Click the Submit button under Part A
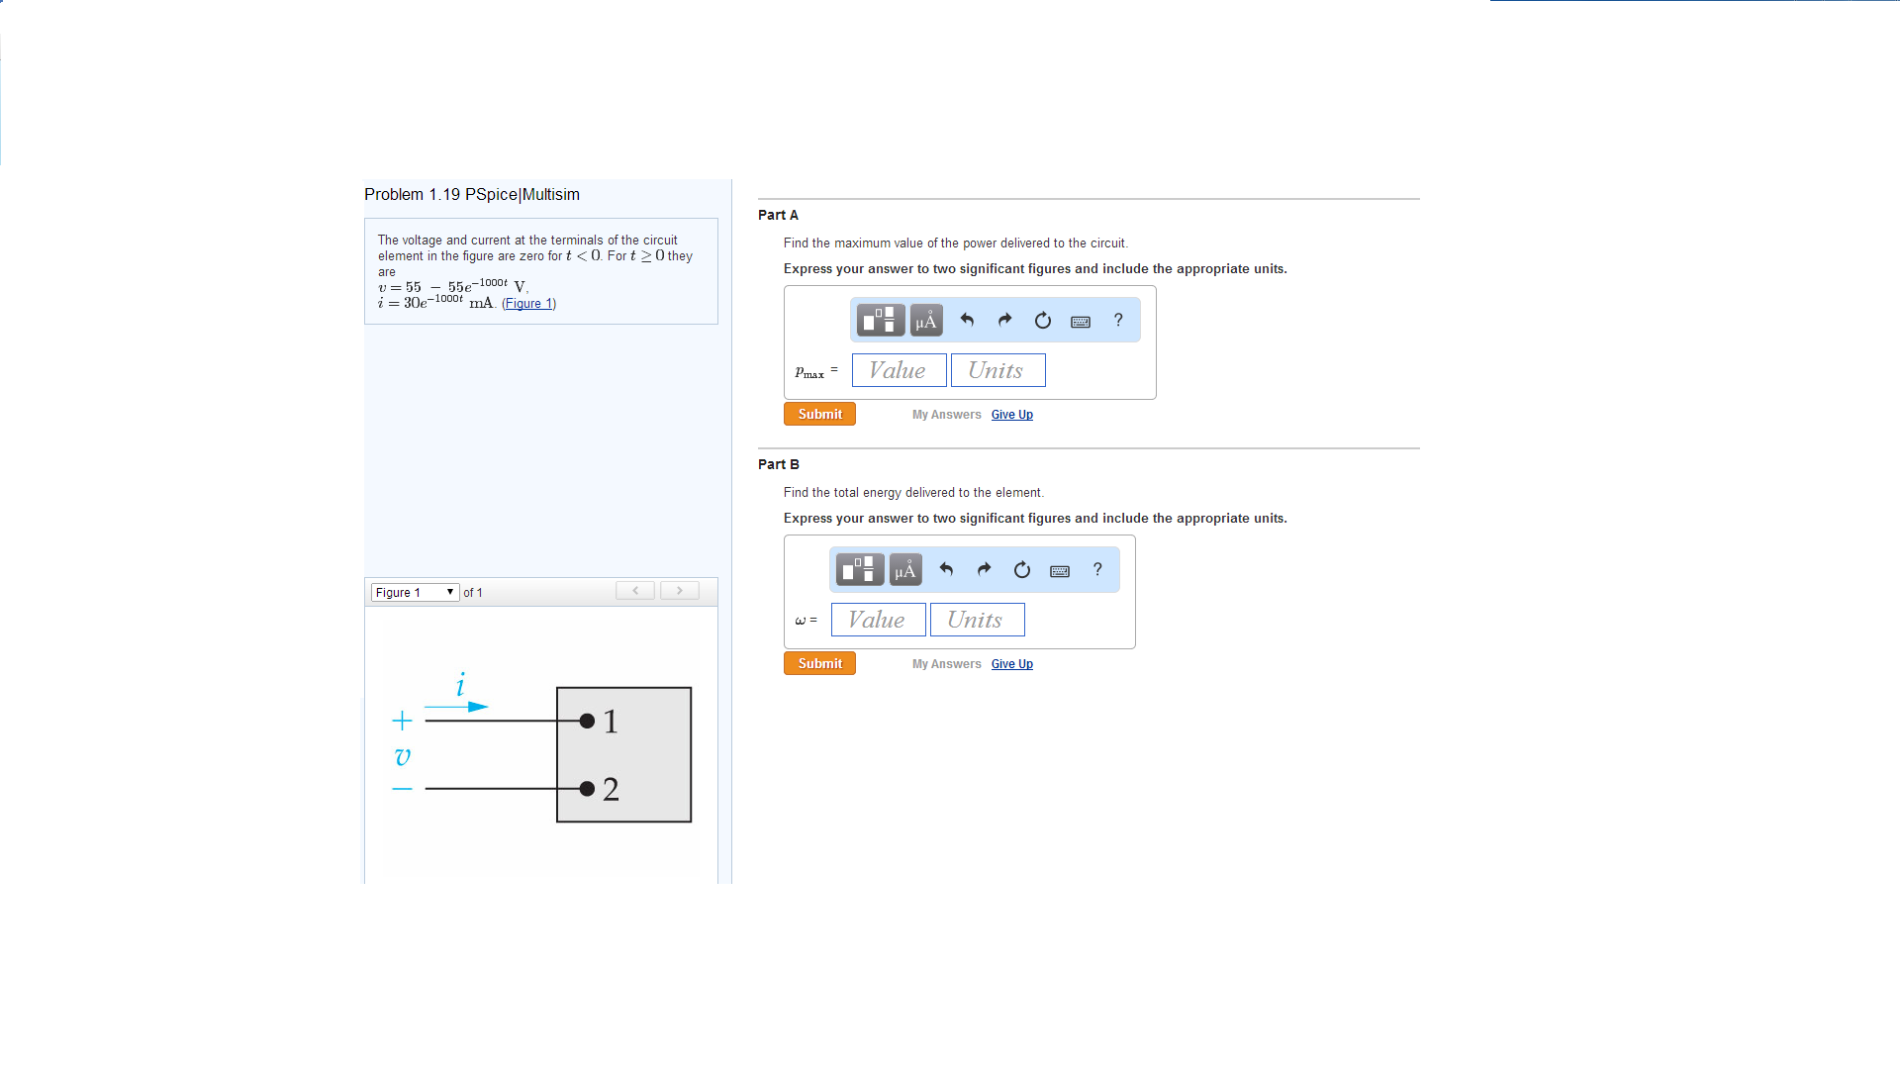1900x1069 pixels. (819, 414)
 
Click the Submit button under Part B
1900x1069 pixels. (819, 663)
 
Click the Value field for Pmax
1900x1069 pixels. (899, 370)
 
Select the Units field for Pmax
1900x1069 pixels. (997, 370)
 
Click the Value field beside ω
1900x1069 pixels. (878, 620)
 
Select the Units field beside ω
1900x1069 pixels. (977, 620)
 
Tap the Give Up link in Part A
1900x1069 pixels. (1011, 415)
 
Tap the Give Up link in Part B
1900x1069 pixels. (1011, 664)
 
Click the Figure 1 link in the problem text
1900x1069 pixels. (529, 304)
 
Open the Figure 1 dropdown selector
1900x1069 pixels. (415, 592)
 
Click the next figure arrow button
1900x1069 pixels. (680, 591)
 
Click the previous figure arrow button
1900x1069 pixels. (635, 591)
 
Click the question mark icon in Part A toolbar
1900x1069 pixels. (1118, 320)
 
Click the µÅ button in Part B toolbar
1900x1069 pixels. (905, 570)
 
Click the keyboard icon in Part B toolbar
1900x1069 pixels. (1060, 570)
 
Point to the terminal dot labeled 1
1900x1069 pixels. (587, 721)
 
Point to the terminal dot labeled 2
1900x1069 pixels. (587, 789)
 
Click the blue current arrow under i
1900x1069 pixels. (456, 707)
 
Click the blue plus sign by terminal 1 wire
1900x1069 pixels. (402, 720)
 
